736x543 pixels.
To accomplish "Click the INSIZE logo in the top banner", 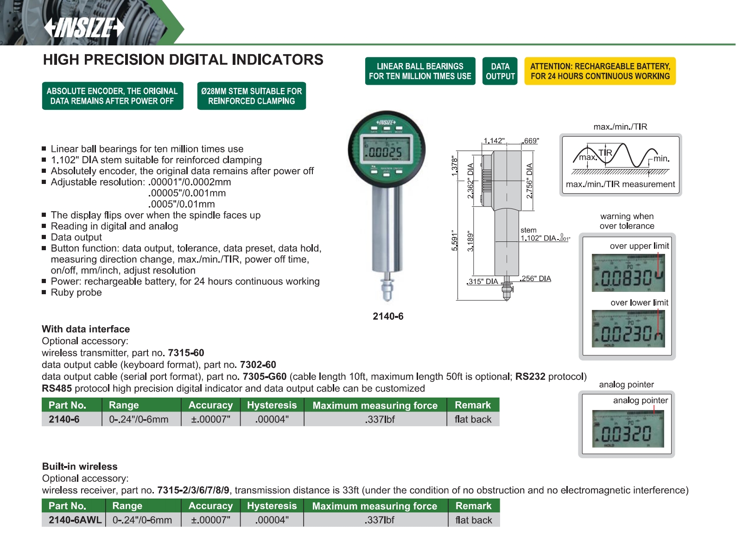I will coord(84,28).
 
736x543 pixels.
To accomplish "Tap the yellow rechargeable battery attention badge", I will coord(600,71).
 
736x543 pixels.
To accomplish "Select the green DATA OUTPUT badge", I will coord(500,71).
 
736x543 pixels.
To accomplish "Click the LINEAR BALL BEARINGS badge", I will coord(420,71).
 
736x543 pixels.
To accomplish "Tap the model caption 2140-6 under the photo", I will coord(388,316).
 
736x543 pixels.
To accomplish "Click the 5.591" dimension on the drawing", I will coord(455,240).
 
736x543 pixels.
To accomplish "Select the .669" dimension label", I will coord(531,141).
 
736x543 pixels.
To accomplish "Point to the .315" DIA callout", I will coord(482,282).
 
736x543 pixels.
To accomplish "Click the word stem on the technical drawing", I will coord(528,230).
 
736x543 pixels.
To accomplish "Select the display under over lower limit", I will coord(628,329).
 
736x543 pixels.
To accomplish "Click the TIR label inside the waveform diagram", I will coord(605,153).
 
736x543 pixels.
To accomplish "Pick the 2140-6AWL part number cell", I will coord(75,520).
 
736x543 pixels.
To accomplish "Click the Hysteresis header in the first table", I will coord(272,405).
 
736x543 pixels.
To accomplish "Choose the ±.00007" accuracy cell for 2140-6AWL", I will coord(210,520).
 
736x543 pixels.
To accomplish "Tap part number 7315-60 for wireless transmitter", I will coord(186,353).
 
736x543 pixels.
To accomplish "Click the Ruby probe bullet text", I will coord(76,293).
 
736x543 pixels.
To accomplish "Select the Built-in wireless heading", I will coord(80,467).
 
